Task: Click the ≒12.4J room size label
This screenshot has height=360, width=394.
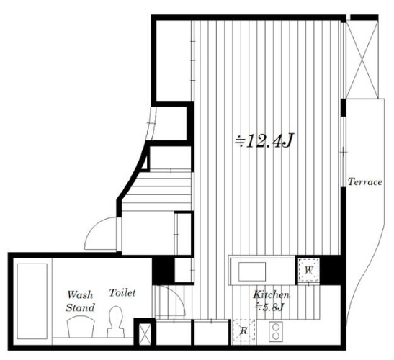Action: pyautogui.click(x=264, y=140)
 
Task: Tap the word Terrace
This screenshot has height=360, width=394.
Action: pyautogui.click(x=365, y=181)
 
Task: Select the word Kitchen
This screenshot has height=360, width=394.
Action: pyautogui.click(x=271, y=294)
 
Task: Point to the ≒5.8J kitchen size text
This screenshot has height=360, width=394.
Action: pyautogui.click(x=269, y=307)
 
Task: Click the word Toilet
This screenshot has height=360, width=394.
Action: pyautogui.click(x=122, y=292)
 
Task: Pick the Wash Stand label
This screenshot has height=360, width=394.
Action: pyautogui.click(x=80, y=301)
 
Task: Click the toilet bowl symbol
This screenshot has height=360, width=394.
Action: pyautogui.click(x=116, y=322)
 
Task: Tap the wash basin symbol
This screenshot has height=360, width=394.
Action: pyautogui.click(x=81, y=327)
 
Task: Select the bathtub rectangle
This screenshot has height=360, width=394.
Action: pyautogui.click(x=32, y=301)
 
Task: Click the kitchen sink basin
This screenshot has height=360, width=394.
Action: pyautogui.click(x=252, y=271)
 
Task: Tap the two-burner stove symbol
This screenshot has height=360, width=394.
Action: pyautogui.click(x=276, y=332)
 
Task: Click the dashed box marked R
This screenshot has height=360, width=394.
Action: pyautogui.click(x=243, y=330)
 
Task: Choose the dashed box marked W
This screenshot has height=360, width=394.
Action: pyautogui.click(x=309, y=270)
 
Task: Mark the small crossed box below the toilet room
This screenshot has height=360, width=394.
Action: pyautogui.click(x=145, y=334)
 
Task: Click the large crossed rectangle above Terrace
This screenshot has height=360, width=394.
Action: pyautogui.click(x=362, y=60)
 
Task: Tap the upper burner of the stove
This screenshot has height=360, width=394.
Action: pyautogui.click(x=276, y=327)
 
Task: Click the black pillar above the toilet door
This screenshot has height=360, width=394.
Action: pyautogui.click(x=164, y=270)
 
